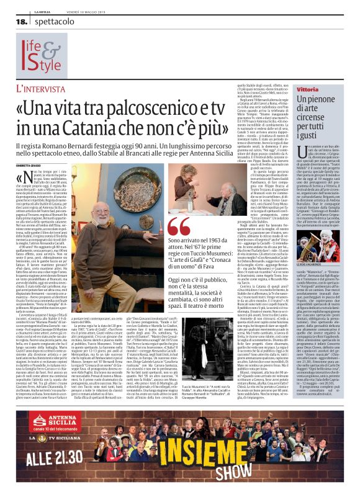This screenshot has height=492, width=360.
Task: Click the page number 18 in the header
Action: [x=22, y=21]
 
